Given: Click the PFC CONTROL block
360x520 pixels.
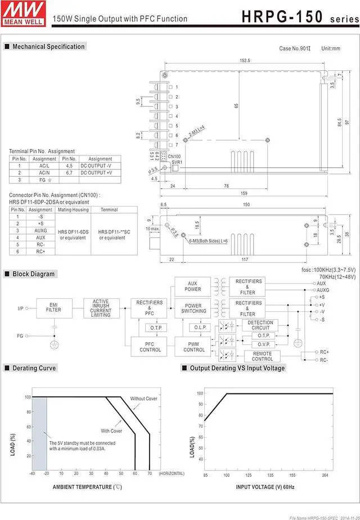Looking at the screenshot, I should [x=150, y=346].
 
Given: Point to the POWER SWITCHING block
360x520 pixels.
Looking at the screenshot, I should [x=193, y=308].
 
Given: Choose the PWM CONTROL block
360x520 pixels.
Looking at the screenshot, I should [x=194, y=346].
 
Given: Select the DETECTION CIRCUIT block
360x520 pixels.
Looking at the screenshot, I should [x=260, y=325].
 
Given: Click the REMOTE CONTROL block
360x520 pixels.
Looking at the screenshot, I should [x=262, y=356].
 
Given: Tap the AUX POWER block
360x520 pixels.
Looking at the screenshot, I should [x=193, y=286].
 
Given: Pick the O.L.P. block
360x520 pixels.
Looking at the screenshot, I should [x=200, y=327].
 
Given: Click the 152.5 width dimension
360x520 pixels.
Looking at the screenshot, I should [x=244, y=60].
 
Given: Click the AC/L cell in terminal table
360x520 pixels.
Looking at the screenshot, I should [x=44, y=166].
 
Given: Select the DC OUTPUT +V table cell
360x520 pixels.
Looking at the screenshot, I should [x=100, y=173].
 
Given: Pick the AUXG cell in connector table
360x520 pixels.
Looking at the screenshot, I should [x=40, y=230].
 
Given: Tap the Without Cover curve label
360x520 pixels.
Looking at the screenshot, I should [x=143, y=398].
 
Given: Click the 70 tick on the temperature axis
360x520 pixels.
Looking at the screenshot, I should [x=149, y=473].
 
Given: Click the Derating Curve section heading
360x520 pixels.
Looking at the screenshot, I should [x=34, y=368].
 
